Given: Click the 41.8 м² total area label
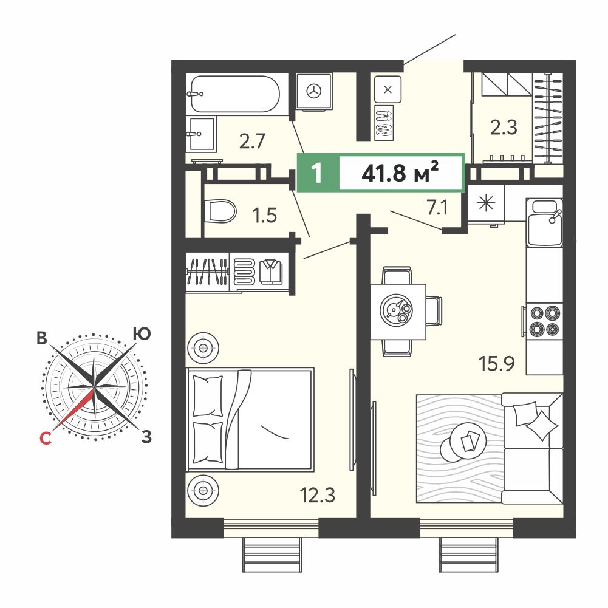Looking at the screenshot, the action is point(400,172).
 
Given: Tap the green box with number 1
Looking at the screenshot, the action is point(316,172).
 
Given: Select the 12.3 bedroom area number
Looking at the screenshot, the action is point(318,495).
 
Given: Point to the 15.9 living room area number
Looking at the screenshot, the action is point(496,364).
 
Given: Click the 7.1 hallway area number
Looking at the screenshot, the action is point(437,208).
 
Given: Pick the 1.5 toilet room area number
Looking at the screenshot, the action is point(264,215).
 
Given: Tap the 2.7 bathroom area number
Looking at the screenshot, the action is point(252,141).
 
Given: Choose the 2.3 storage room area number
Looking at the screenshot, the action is point(504,127).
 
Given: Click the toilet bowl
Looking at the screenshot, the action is point(220,211).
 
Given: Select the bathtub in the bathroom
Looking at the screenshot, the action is point(235,94).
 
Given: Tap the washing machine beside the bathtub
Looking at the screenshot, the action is point(314,92).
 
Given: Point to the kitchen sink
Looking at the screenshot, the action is point(545,222).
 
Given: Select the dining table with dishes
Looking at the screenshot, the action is point(398,312).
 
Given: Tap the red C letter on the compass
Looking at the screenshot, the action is point(46,438).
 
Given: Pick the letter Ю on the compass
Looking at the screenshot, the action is point(142,334).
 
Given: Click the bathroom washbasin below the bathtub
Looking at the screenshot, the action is point(201,134).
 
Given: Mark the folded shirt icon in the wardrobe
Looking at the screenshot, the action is point(271,272).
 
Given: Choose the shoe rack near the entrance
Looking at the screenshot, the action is point(384,123).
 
